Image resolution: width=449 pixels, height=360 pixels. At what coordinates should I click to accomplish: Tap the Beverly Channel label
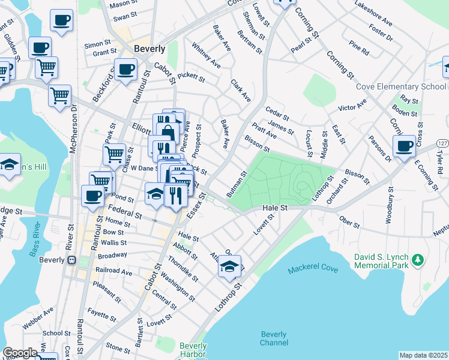coord(274,339)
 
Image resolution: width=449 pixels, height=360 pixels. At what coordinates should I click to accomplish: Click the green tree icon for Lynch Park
coord(417,260)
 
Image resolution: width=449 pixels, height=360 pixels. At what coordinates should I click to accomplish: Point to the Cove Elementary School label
coord(401,86)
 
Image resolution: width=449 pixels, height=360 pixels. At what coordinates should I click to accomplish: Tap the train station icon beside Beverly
coord(71,261)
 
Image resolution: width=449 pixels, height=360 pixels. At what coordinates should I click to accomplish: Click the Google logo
coord(20,353)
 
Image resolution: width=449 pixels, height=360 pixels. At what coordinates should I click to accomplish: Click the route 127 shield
coord(442,144)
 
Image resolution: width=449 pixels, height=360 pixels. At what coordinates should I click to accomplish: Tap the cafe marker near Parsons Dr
coord(404,146)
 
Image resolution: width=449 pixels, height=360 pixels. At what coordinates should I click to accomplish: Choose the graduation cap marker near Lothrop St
coord(229,265)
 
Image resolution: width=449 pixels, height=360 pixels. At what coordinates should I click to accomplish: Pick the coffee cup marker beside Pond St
coord(93,196)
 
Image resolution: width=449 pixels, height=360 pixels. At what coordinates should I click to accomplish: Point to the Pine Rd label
coord(358,46)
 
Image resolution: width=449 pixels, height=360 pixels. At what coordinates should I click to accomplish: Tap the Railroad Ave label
coord(114,271)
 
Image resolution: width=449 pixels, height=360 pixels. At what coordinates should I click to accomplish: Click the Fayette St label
coord(101,314)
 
